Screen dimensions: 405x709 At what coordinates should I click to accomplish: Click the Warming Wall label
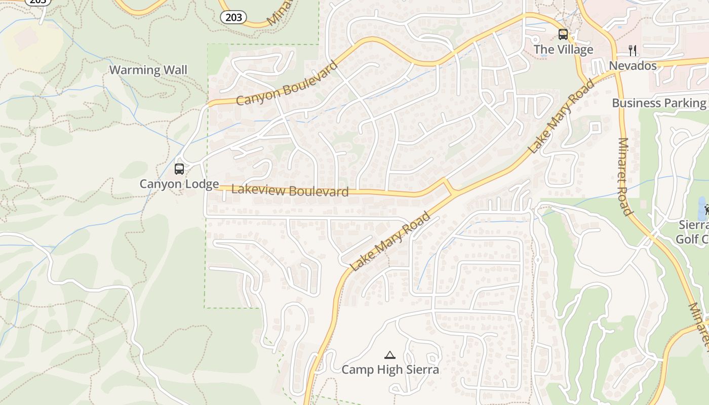148,70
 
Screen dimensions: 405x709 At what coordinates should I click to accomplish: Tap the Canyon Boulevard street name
287,84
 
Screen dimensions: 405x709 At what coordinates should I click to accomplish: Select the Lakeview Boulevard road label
290,191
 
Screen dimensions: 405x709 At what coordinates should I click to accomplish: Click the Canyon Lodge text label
179,184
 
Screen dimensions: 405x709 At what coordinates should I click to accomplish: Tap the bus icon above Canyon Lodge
179,169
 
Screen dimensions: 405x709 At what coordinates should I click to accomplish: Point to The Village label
563,50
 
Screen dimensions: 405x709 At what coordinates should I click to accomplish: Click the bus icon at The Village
563,34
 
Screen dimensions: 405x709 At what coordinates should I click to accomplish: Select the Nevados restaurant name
633,66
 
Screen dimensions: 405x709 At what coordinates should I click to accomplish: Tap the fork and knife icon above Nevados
633,50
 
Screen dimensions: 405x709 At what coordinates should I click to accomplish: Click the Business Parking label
658,103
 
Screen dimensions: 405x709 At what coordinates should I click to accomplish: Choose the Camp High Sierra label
390,370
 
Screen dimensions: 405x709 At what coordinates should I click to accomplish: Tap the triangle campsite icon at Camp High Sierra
389,355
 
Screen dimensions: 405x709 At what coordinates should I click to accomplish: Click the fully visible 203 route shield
233,17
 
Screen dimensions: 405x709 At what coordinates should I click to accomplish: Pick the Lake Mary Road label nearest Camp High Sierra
390,242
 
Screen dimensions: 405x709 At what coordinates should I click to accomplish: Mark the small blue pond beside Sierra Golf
703,208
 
